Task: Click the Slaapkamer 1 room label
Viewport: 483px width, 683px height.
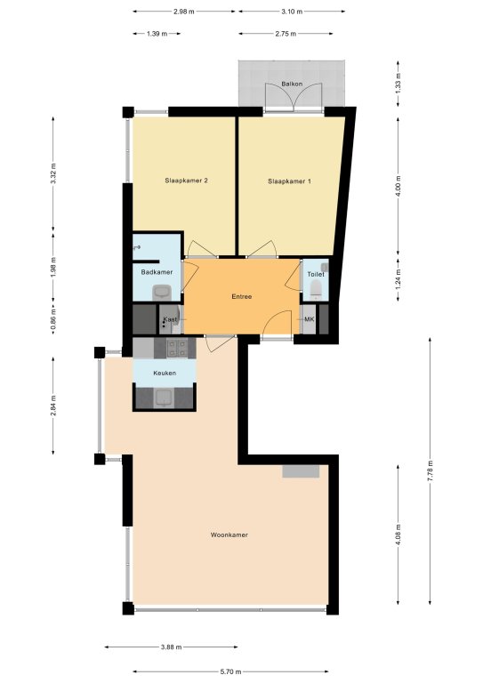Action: tap(289, 181)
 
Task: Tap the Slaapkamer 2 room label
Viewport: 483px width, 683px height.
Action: tap(186, 181)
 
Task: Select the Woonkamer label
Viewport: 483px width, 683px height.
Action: tap(229, 534)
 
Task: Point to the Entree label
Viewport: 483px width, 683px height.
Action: tap(242, 297)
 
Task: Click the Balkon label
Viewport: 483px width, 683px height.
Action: tap(292, 84)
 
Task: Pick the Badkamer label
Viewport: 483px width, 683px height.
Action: tap(157, 272)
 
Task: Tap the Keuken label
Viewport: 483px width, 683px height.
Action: tap(165, 373)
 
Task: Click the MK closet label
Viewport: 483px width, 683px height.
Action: tap(310, 319)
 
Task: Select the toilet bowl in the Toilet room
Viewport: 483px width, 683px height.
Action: tap(316, 290)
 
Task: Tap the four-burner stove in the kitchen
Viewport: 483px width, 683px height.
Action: tap(177, 347)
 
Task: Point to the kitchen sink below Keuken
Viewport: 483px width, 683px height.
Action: tap(165, 398)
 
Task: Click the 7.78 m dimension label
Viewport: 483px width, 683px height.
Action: tap(430, 470)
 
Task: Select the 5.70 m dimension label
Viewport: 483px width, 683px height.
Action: tap(230, 672)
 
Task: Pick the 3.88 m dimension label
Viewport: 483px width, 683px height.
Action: tap(171, 647)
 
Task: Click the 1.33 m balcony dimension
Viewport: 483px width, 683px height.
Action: tap(398, 84)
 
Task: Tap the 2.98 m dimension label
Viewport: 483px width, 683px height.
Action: tap(184, 12)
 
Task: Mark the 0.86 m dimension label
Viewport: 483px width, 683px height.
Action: tap(53, 318)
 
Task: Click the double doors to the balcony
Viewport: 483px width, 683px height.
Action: tap(294, 96)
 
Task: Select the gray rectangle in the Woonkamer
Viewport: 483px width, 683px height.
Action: tap(301, 471)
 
